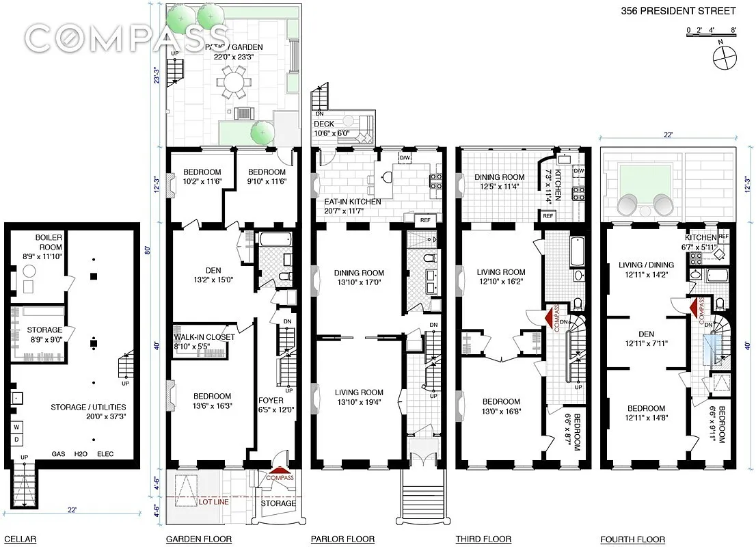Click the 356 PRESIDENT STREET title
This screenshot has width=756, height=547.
click(678, 11)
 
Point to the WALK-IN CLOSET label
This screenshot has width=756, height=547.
click(204, 337)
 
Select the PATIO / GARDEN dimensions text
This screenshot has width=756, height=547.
click(237, 58)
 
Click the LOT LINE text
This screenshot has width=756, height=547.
click(213, 503)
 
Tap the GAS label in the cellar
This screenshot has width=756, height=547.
click(59, 454)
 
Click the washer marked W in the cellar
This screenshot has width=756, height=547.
click(16, 427)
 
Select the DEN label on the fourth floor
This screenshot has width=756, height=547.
click(647, 334)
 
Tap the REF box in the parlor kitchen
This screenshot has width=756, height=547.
click(424, 220)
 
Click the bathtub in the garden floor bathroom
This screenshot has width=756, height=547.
click(274, 241)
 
